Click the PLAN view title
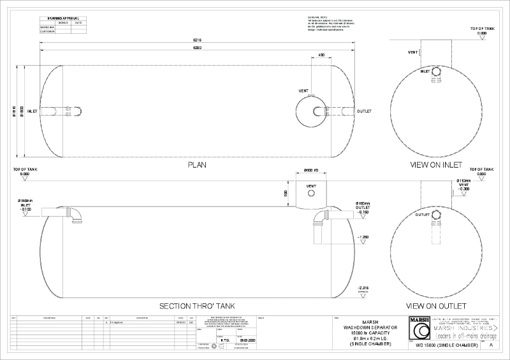[196, 164]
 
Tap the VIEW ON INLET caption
[437, 164]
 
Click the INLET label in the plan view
[33, 111]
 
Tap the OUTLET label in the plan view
[364, 111]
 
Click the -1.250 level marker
[363, 237]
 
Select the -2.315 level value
[363, 287]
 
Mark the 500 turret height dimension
[286, 192]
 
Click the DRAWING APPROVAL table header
[62, 18]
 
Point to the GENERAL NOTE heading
[317, 17]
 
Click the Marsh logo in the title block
[418, 330]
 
